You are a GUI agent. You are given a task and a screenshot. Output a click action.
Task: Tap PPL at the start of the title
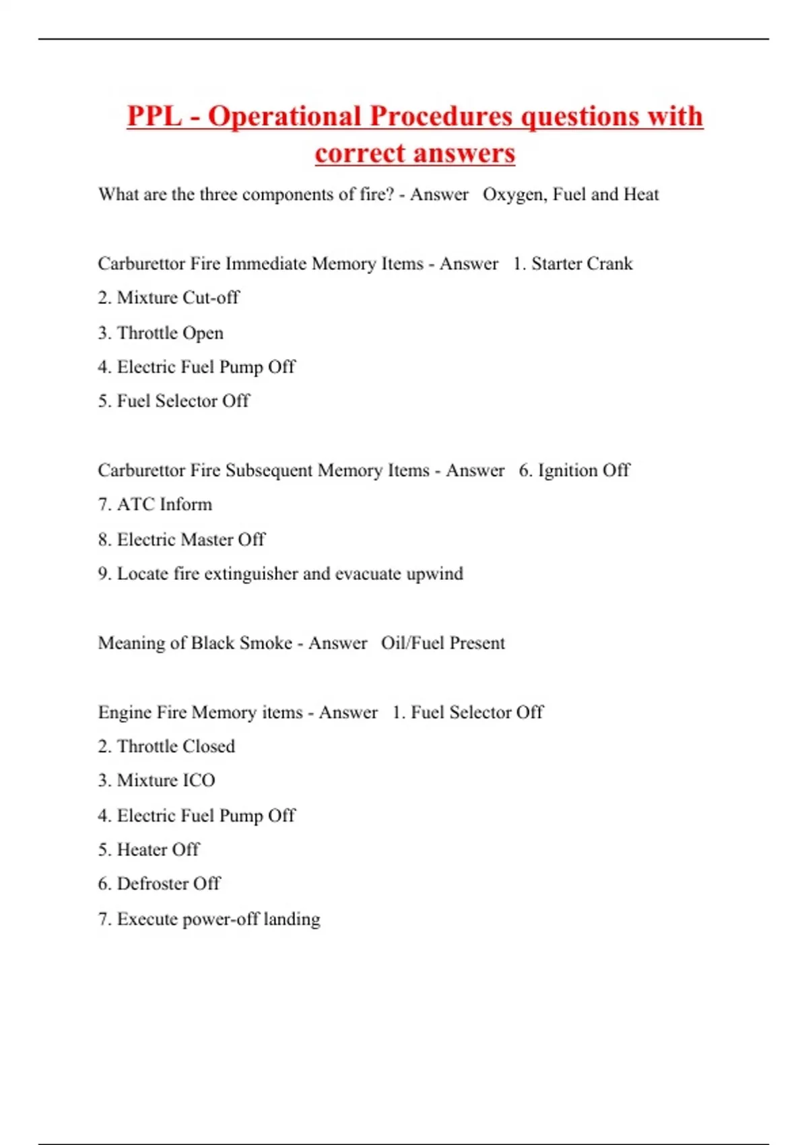(x=154, y=117)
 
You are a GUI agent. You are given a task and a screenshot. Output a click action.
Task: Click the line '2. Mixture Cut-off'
(x=168, y=298)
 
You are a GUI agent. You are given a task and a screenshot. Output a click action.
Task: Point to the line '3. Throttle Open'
(x=160, y=333)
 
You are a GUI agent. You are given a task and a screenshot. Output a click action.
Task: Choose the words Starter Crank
(x=582, y=263)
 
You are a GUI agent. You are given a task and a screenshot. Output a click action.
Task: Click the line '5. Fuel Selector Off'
(x=173, y=401)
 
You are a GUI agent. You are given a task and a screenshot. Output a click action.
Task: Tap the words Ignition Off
(x=583, y=470)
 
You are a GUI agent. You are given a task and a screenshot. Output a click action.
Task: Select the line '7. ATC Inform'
(x=155, y=504)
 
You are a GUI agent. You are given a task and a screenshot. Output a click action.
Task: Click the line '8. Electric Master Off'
(x=181, y=539)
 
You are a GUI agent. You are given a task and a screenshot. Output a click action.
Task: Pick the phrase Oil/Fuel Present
(x=442, y=643)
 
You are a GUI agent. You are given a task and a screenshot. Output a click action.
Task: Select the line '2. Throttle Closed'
(x=166, y=746)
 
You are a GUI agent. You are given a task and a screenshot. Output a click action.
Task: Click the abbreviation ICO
(x=198, y=781)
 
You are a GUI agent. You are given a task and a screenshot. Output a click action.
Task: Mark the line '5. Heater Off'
(x=148, y=850)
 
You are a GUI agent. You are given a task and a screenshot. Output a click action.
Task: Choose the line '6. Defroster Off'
(x=159, y=884)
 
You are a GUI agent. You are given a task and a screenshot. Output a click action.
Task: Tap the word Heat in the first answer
(x=641, y=195)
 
